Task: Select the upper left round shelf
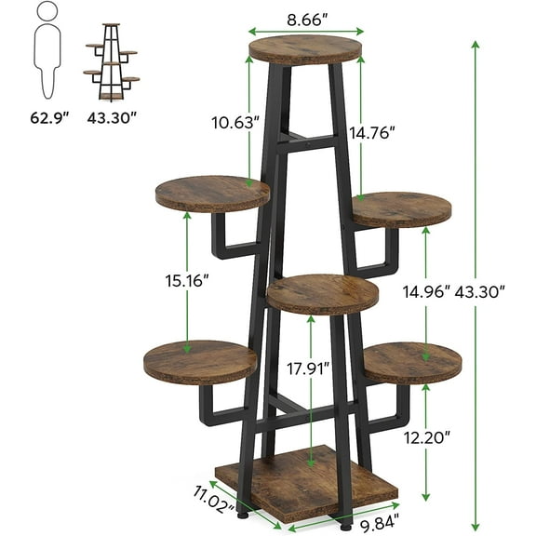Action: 212,193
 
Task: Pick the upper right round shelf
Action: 401,208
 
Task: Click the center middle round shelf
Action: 323,293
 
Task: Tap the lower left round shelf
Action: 199,362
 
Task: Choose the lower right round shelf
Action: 412,361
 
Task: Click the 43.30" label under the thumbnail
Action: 111,118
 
